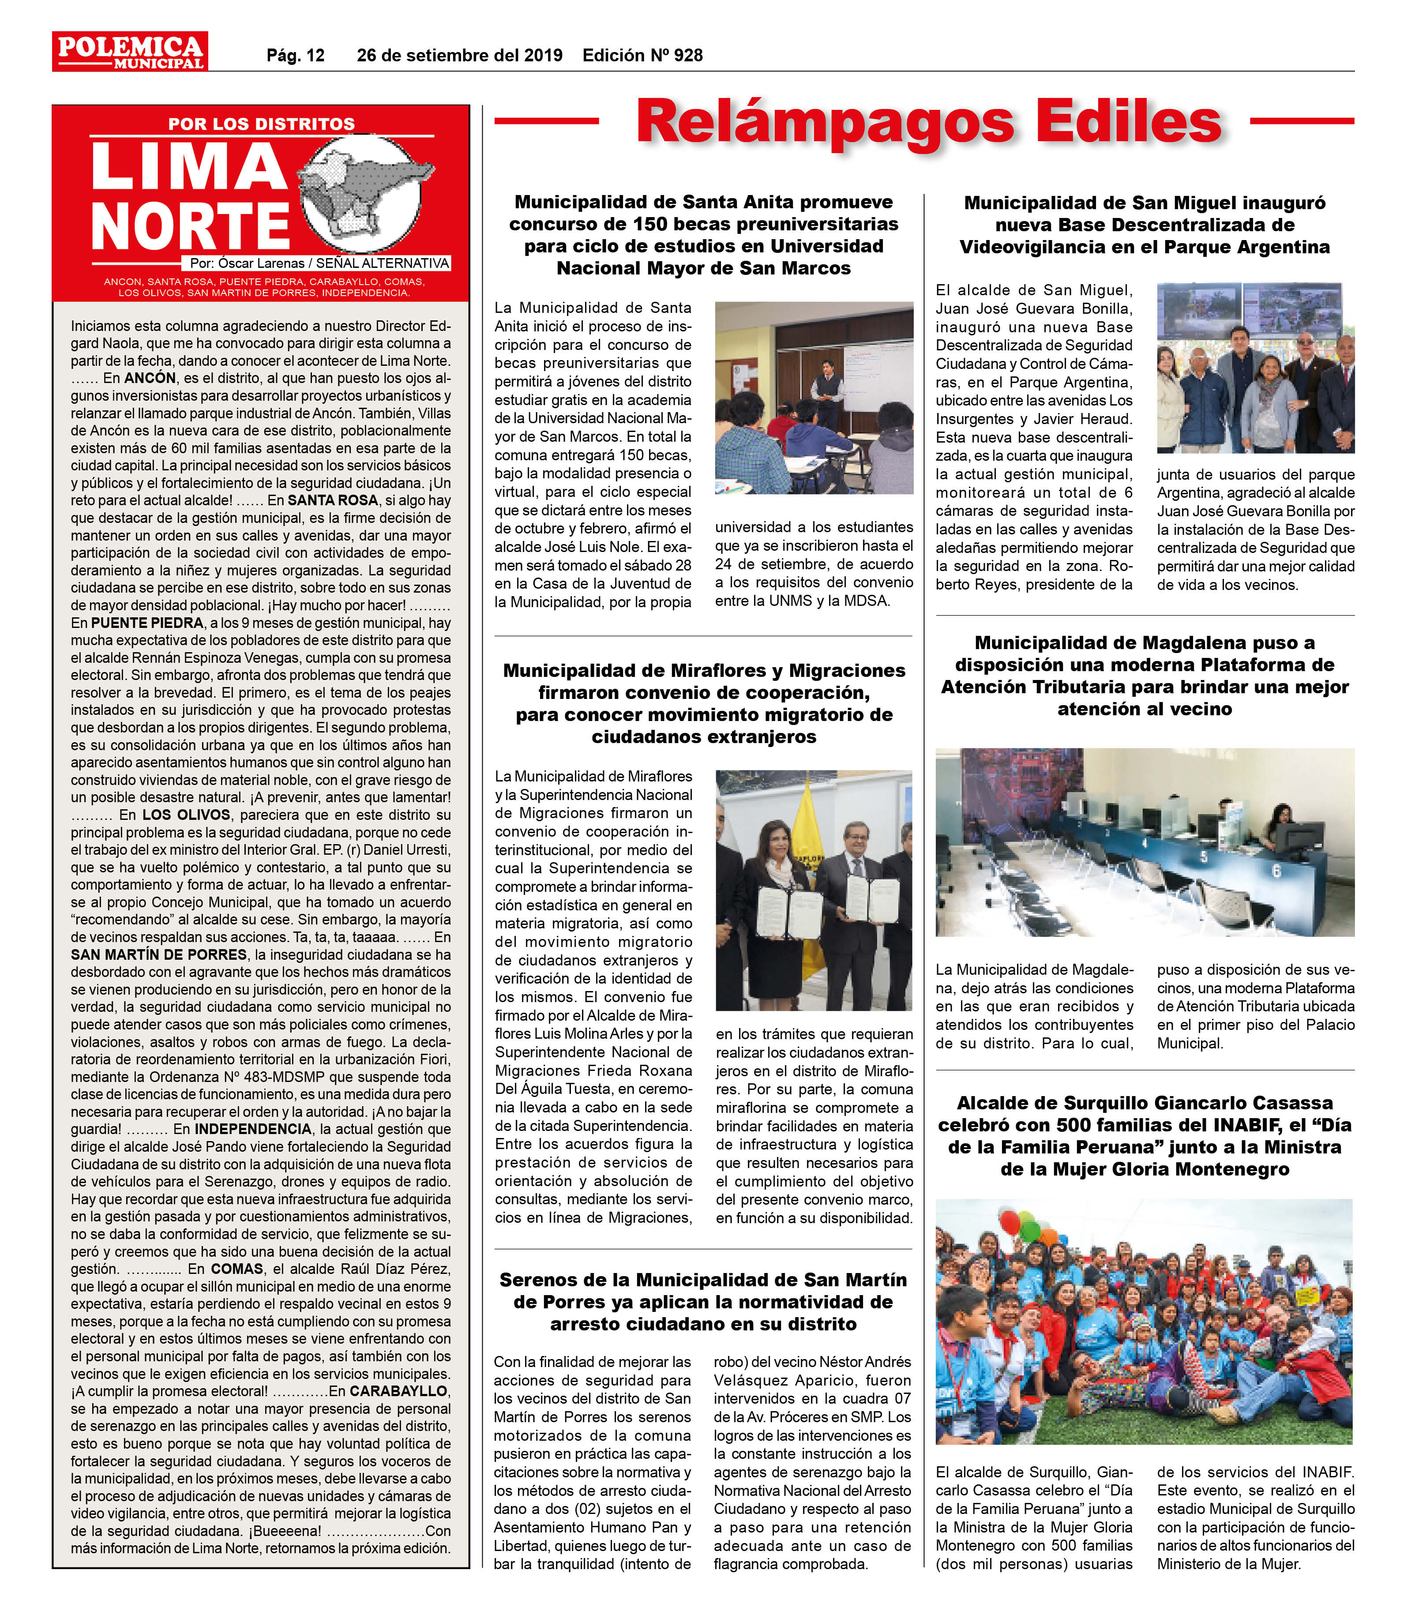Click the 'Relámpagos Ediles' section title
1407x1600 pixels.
pyautogui.click(x=928, y=121)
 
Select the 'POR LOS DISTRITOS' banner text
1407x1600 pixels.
pyautogui.click(x=261, y=124)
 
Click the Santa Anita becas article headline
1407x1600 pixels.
pyautogui.click(x=703, y=235)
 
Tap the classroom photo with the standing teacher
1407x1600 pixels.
pyautogui.click(x=814, y=398)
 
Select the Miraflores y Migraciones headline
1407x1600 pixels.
pyautogui.click(x=703, y=703)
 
